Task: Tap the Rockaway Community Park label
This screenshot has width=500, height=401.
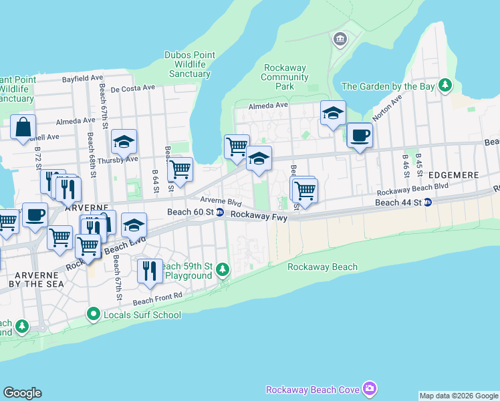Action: [285, 77]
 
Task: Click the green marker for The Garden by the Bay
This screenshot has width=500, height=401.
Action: [445, 86]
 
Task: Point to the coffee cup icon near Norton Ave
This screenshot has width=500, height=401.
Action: [360, 136]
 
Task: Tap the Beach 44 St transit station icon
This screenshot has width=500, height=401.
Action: [428, 203]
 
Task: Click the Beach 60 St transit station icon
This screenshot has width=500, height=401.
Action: [219, 213]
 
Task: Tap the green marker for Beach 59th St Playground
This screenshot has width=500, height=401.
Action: [223, 270]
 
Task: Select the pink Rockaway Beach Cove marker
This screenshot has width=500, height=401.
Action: [370, 389]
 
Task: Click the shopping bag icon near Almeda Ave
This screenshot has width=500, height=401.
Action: [23, 126]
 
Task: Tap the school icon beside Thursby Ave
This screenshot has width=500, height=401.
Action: [124, 142]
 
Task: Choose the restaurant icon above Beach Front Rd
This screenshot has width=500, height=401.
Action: [150, 271]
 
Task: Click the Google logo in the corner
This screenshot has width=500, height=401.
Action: [22, 393]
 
